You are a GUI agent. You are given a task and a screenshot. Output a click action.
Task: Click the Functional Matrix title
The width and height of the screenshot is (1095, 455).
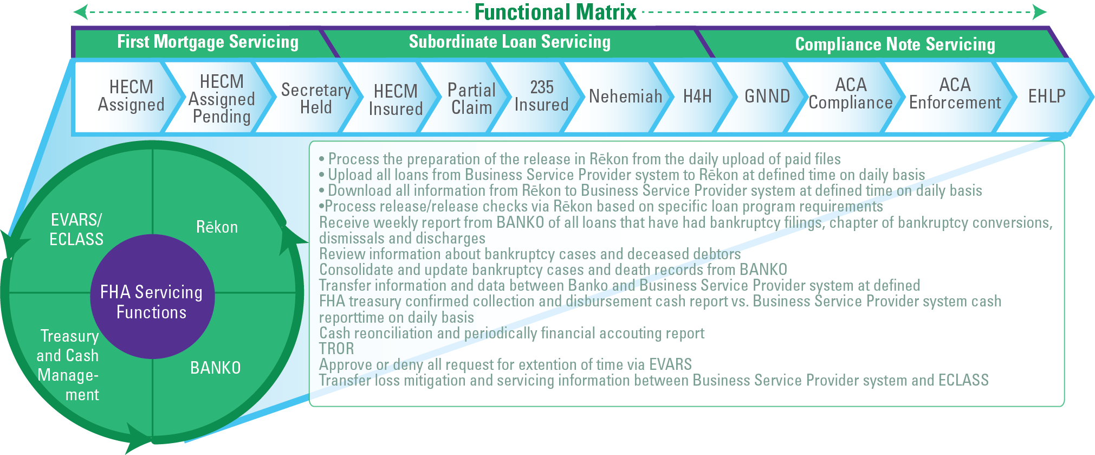pyautogui.click(x=555, y=12)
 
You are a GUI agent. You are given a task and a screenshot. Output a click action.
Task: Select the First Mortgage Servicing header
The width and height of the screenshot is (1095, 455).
pyautogui.click(x=208, y=42)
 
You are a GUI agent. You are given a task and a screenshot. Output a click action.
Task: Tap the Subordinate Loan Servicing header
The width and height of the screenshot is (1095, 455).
pyautogui.click(x=509, y=42)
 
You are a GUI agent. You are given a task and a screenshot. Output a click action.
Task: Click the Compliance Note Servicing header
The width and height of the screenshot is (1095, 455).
pyautogui.click(x=895, y=44)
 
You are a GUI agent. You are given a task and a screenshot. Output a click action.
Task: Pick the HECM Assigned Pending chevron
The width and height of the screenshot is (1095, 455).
pyautogui.click(x=222, y=99)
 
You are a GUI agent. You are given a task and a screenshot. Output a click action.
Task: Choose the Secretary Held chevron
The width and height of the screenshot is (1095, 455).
pyautogui.click(x=315, y=98)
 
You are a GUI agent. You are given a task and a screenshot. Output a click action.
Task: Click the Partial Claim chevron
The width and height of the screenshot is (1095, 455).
pyautogui.click(x=471, y=99)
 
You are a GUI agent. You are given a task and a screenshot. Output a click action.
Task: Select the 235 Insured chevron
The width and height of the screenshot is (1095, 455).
pyautogui.click(x=541, y=96)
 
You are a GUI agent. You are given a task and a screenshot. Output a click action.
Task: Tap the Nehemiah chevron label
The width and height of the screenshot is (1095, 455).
pyautogui.click(x=625, y=97)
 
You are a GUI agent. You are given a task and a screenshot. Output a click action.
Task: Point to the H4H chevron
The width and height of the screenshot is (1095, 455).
pyautogui.click(x=697, y=97)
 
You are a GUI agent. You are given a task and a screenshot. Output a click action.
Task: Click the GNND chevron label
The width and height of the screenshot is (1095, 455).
pyautogui.click(x=767, y=97)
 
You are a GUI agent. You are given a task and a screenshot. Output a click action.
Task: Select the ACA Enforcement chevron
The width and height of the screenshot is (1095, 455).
pyautogui.click(x=955, y=94)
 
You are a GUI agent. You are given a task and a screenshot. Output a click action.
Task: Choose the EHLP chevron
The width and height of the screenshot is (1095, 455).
pyautogui.click(x=1046, y=97)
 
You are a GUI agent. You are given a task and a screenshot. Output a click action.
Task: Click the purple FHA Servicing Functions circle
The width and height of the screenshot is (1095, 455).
pyautogui.click(x=152, y=302)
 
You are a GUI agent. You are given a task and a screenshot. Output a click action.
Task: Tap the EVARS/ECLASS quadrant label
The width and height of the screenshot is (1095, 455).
pyautogui.click(x=76, y=229)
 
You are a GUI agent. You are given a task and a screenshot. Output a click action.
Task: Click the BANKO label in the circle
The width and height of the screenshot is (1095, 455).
pyautogui.click(x=215, y=368)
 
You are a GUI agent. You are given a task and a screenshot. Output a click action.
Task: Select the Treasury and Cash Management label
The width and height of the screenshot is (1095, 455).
pyautogui.click(x=68, y=365)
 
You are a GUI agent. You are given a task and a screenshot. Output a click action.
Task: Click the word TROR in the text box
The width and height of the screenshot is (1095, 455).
pyautogui.click(x=336, y=349)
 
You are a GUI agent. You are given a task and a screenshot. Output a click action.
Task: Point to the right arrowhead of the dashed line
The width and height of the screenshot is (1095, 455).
pyautogui.click(x=1039, y=12)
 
